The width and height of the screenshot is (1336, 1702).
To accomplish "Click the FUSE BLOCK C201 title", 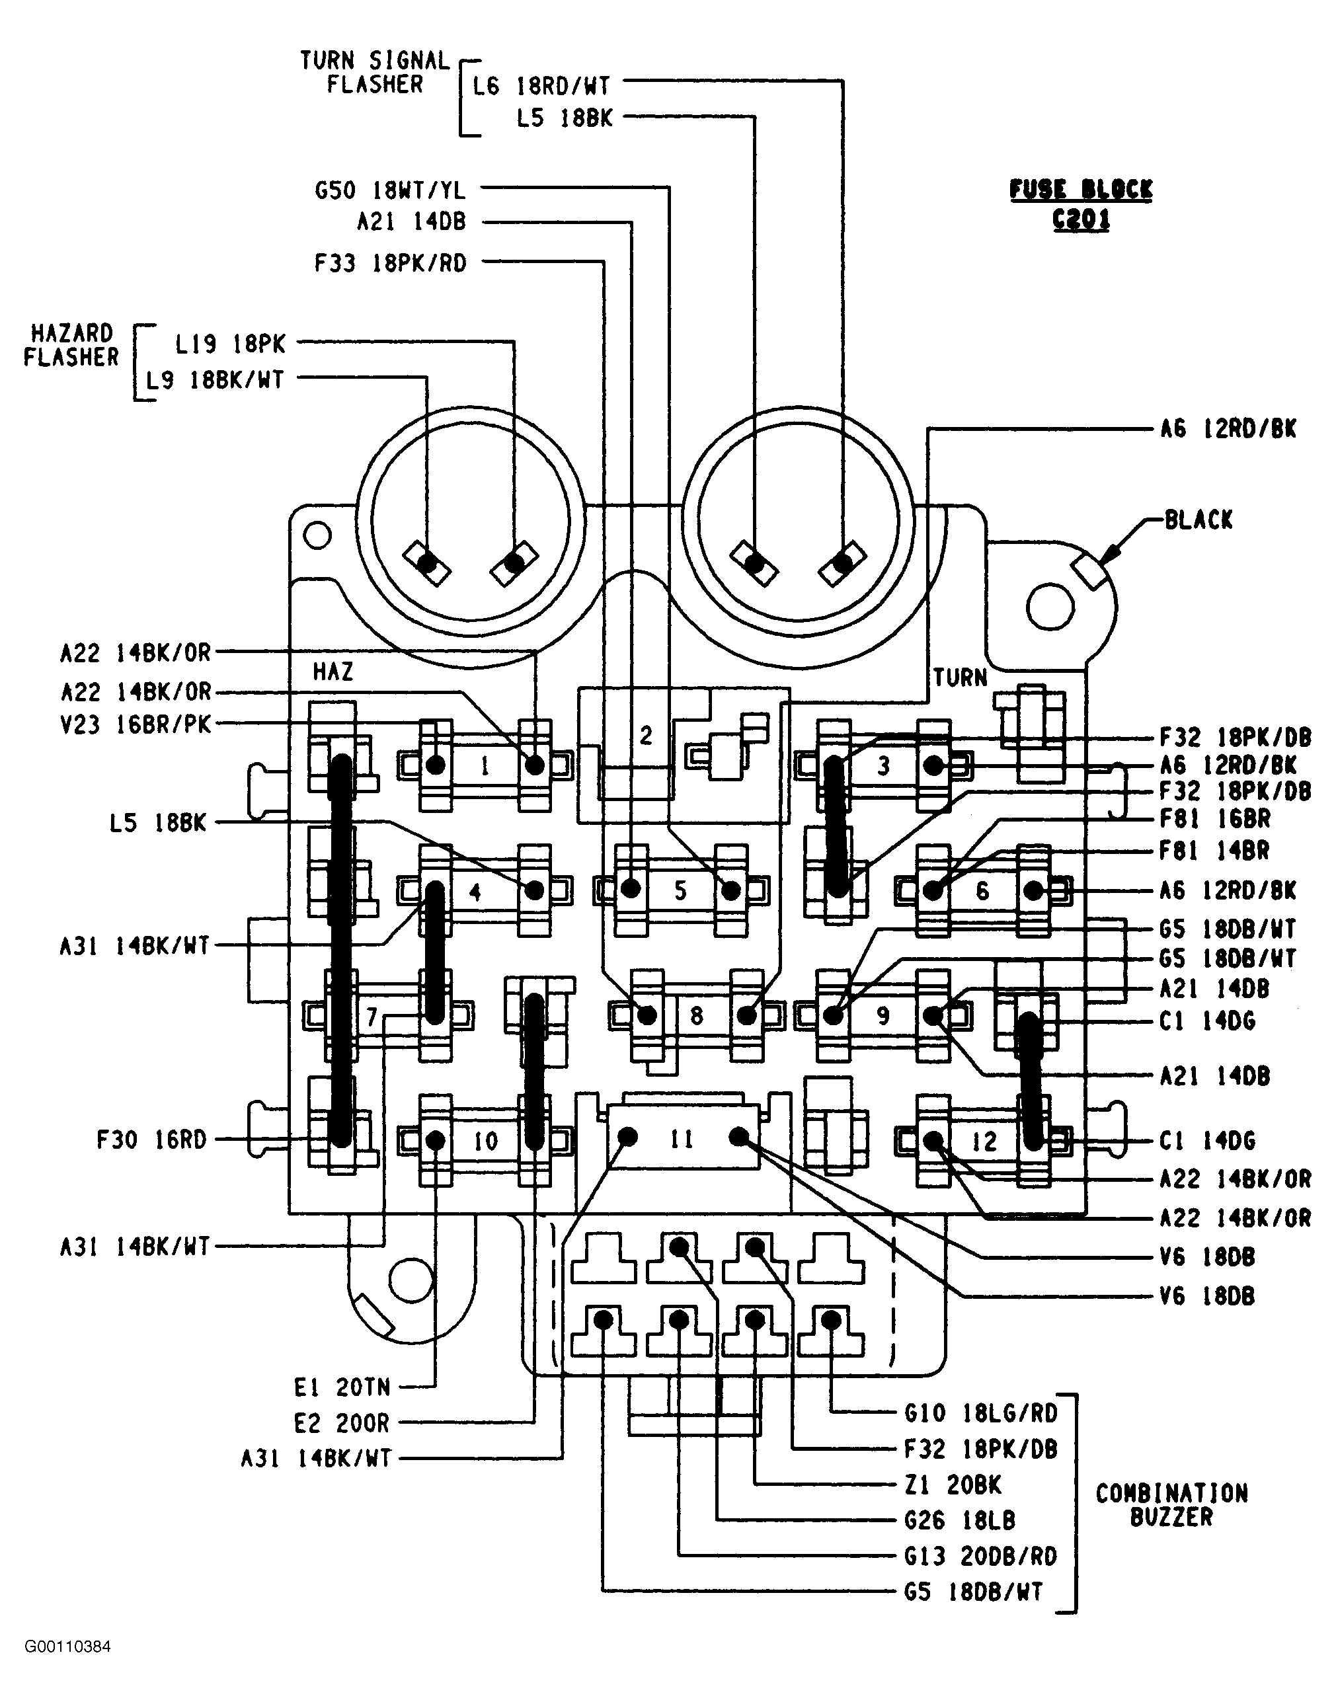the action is coord(1081,204).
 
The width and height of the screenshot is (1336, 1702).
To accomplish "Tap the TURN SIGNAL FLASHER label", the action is coord(375,72).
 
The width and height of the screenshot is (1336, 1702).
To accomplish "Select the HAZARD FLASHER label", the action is coord(71,345).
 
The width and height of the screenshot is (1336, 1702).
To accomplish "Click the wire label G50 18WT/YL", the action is coord(389,190).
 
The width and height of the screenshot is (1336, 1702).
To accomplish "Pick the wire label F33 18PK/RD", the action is coord(390,263).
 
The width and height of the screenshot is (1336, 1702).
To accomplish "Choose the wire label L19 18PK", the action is coord(230,343).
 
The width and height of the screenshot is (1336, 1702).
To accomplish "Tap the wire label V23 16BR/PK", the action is coord(136,725).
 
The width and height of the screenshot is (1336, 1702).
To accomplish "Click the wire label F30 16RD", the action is coord(151,1140).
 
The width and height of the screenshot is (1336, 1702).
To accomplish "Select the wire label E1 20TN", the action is coord(342,1387).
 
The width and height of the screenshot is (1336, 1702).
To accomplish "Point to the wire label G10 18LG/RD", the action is coord(981,1413).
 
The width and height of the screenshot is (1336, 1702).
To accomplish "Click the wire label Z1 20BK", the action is coord(953,1485).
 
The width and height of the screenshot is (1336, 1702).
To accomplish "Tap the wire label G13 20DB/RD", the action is coord(981,1557).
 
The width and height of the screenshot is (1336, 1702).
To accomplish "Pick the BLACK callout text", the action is coord(1198,520).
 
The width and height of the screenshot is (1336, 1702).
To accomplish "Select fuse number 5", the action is coord(680,890).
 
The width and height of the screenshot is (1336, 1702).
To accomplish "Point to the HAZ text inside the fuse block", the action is coord(333,672).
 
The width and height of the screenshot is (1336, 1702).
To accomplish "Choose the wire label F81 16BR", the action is coord(1215,819).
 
